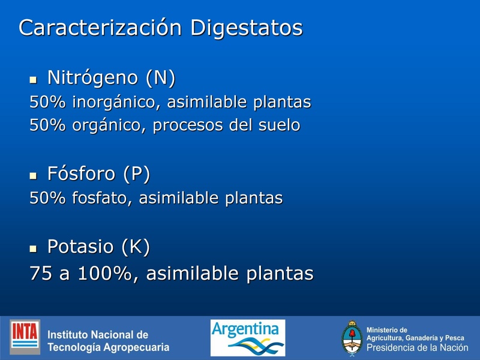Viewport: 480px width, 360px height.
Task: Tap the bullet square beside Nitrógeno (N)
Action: coord(34,79)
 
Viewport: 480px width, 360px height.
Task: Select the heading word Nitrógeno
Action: coord(88,77)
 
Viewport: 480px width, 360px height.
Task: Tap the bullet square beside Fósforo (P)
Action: coord(34,175)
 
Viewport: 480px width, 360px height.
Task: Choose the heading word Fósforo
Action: coord(82,174)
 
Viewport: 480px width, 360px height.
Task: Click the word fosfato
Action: coord(101,198)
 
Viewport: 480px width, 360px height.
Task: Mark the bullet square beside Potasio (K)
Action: coord(34,247)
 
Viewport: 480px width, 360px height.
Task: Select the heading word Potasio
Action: coord(81,246)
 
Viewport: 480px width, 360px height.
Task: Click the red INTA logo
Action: coord(25,337)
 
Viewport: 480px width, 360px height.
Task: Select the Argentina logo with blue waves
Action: coord(247,337)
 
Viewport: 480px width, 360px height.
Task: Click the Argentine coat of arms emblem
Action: coord(352,338)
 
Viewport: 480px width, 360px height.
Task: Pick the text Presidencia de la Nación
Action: coord(418,348)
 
